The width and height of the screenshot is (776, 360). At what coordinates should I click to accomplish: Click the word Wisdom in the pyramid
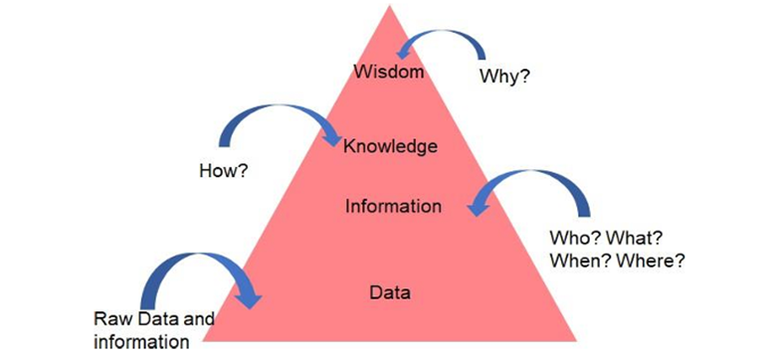point(389,72)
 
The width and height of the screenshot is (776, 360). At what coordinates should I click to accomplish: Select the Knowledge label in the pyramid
point(390,147)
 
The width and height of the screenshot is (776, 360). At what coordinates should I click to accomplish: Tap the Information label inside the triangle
point(393,207)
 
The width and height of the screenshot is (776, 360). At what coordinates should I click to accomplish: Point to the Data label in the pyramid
point(390,293)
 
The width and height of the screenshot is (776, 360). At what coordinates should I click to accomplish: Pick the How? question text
point(224,171)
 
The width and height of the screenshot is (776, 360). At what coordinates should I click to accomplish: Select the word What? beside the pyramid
point(636,240)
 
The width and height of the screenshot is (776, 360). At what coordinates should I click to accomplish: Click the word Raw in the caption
point(111,320)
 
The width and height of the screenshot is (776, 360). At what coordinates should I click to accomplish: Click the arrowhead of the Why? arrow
point(404,51)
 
